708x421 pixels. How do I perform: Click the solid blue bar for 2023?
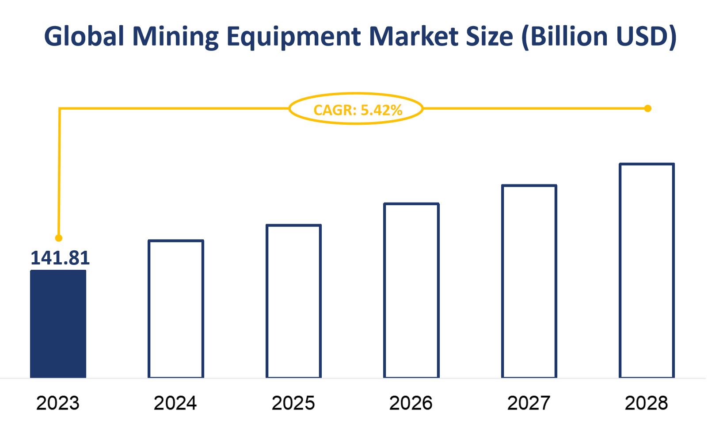pyautogui.click(x=58, y=324)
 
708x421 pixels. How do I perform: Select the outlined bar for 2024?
pyautogui.click(x=176, y=309)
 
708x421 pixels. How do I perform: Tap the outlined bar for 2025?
pyautogui.click(x=293, y=301)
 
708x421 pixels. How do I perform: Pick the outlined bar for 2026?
pyautogui.click(x=411, y=291)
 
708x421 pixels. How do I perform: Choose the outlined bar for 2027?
pyautogui.click(x=529, y=281)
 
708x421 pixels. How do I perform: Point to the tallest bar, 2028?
pyautogui.click(x=647, y=271)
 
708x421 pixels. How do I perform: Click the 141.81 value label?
pyautogui.click(x=60, y=258)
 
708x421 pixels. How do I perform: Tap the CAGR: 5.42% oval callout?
pyautogui.click(x=356, y=109)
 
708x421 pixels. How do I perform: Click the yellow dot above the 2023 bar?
pyautogui.click(x=59, y=238)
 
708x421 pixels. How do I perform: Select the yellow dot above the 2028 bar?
pyautogui.click(x=647, y=108)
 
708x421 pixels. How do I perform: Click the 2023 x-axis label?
pyautogui.click(x=57, y=403)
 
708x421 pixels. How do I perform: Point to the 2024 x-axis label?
pyautogui.click(x=175, y=403)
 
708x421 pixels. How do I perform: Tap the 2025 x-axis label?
pyautogui.click(x=293, y=403)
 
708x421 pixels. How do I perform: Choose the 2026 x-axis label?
pyautogui.click(x=411, y=403)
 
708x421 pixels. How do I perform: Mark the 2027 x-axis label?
pyautogui.click(x=529, y=403)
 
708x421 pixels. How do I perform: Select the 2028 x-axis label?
pyautogui.click(x=646, y=403)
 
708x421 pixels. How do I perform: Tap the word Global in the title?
pyautogui.click(x=84, y=37)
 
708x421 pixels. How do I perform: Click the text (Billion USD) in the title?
pyautogui.click(x=599, y=37)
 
